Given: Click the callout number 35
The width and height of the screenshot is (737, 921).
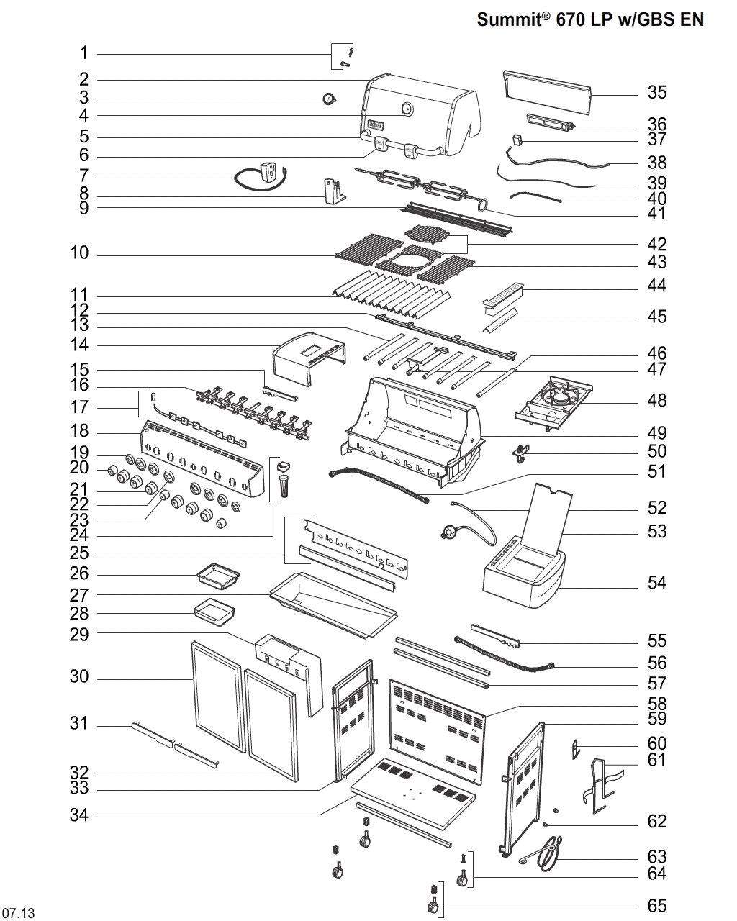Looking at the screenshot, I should (656, 92).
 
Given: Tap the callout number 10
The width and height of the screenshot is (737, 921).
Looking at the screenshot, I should (79, 253).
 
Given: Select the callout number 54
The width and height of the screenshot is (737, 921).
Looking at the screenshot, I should (656, 582).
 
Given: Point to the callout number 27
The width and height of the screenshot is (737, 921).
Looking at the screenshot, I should (79, 595).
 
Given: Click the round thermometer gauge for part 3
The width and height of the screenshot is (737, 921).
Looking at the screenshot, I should (330, 99).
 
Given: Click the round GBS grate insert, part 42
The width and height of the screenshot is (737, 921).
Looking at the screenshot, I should (432, 235).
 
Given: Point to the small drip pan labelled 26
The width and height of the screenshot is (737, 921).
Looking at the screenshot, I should (218, 575).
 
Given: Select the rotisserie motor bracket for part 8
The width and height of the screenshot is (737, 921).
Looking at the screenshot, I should (333, 191).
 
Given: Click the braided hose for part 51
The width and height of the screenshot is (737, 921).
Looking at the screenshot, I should (378, 485).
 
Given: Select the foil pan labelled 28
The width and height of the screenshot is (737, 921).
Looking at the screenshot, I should (214, 613).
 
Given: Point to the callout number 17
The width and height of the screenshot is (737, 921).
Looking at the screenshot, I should (79, 407).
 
